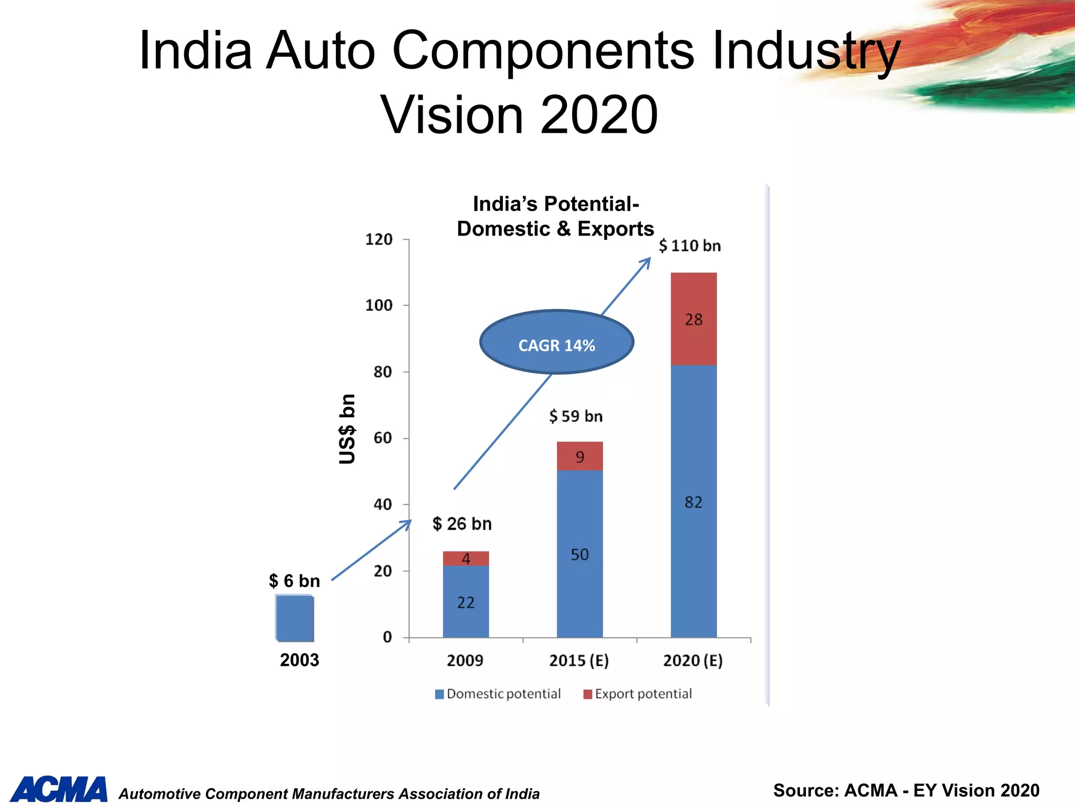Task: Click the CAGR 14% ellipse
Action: click(x=556, y=342)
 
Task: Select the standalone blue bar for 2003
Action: click(x=295, y=618)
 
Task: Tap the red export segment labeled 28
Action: click(x=693, y=319)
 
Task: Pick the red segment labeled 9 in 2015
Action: click(x=579, y=456)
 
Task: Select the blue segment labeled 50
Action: click(x=579, y=554)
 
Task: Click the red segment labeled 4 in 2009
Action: click(x=466, y=558)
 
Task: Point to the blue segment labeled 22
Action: click(x=466, y=602)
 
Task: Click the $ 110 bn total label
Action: click(x=690, y=246)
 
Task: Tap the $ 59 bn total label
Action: click(x=576, y=416)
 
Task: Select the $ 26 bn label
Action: click(x=462, y=524)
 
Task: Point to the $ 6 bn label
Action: click(x=294, y=581)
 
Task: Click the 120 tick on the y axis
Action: click(x=378, y=239)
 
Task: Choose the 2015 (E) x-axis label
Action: click(x=579, y=660)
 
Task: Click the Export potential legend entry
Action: click(x=638, y=694)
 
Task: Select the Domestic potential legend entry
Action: click(x=498, y=694)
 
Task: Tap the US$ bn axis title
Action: click(x=347, y=429)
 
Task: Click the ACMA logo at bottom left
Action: click(x=59, y=790)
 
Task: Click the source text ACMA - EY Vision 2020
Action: click(x=906, y=790)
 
